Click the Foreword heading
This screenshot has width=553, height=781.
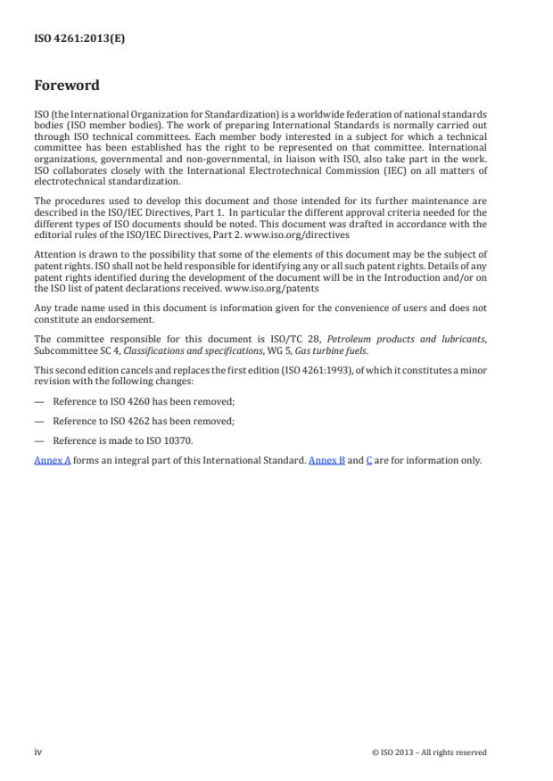coord(66,86)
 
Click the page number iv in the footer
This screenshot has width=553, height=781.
coord(38,752)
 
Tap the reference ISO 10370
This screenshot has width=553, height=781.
coord(170,440)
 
